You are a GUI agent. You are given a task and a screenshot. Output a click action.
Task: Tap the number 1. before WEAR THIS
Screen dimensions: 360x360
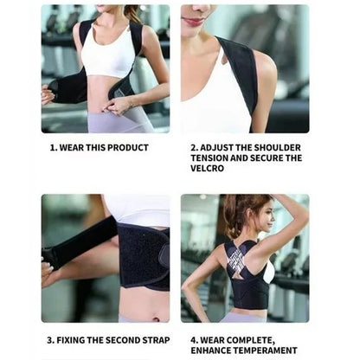click(52, 148)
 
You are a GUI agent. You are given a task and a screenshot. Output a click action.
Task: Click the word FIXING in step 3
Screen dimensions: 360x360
click(71, 340)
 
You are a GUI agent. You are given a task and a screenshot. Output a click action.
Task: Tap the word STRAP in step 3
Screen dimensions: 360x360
click(153, 340)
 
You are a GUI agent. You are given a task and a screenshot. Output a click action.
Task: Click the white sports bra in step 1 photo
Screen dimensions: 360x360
click(107, 58)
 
